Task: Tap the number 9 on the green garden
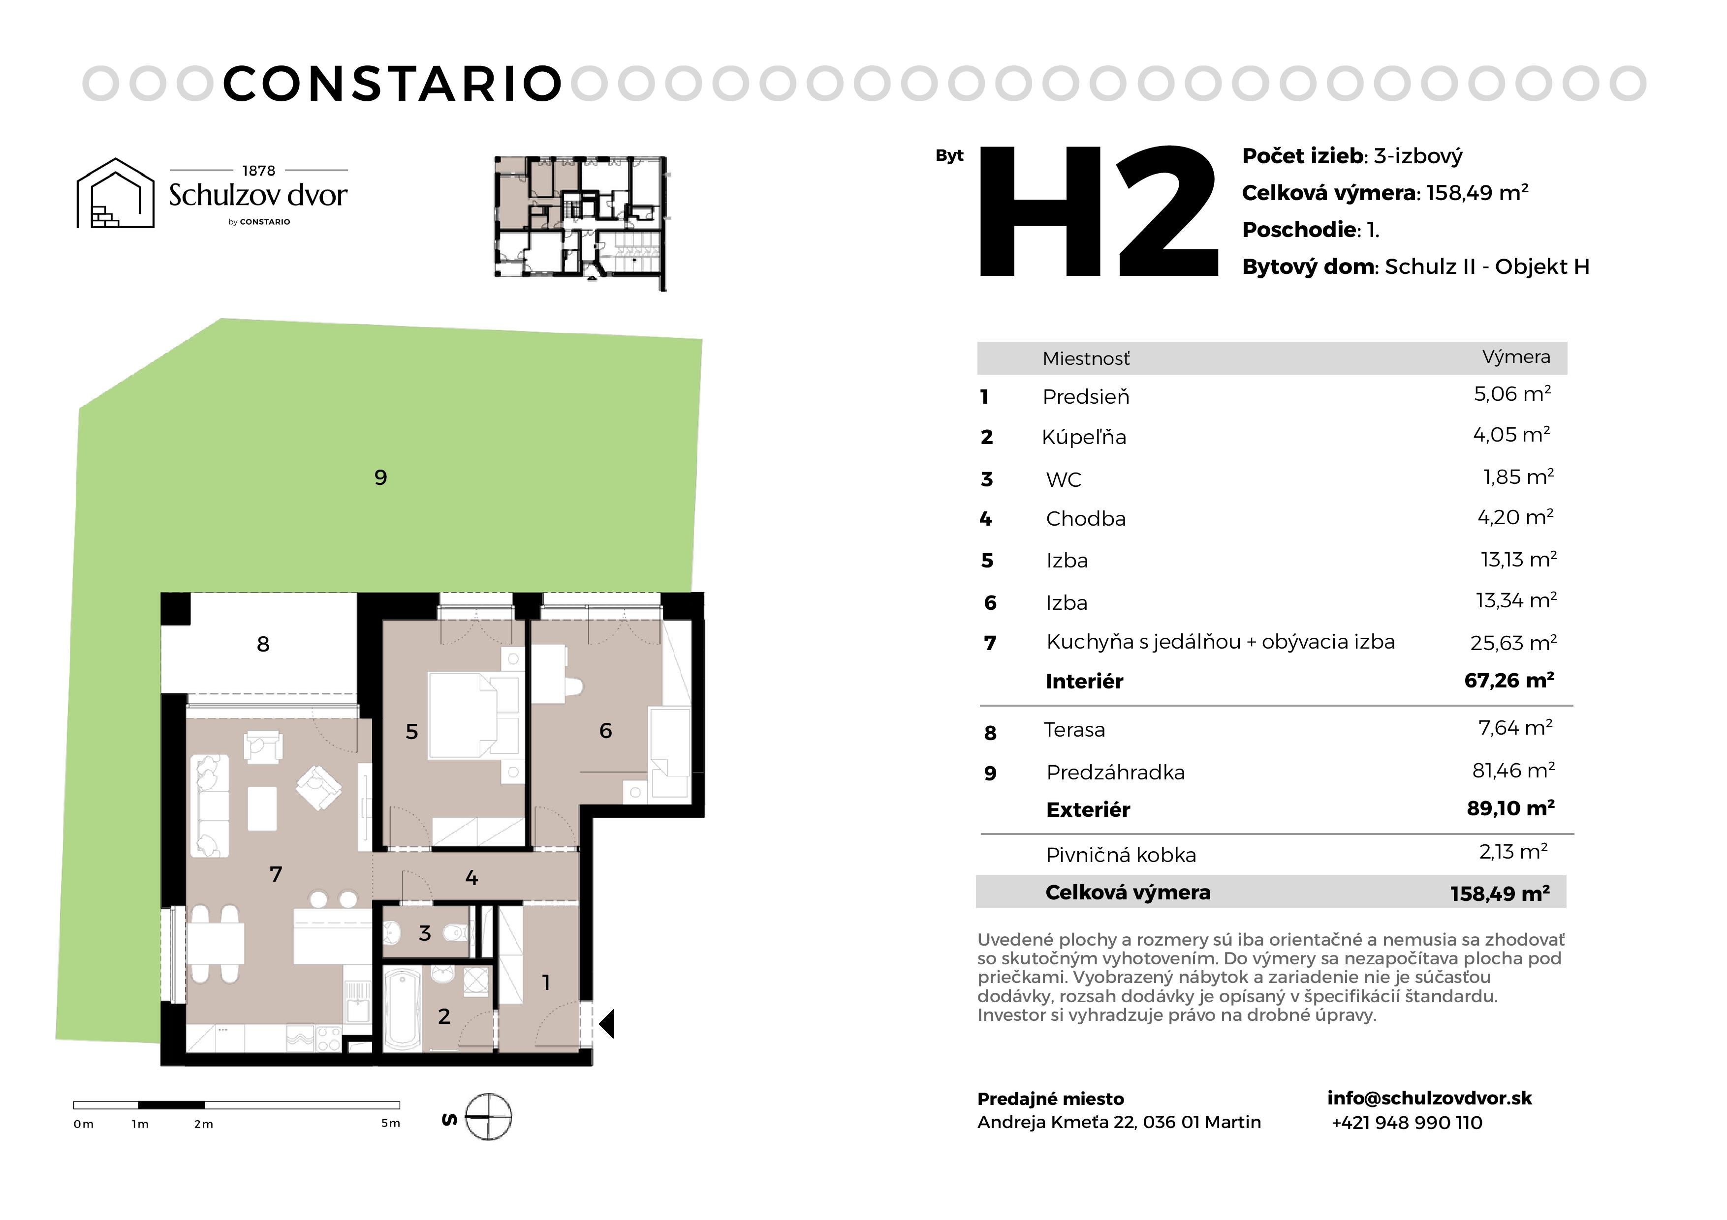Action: point(380,477)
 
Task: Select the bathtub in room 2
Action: point(403,1008)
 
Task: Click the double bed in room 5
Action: point(473,715)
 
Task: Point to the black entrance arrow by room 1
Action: point(606,1024)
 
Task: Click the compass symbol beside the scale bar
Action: point(488,1116)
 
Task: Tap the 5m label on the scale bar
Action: point(390,1123)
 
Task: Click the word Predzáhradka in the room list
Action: point(1115,772)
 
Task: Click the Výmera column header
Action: point(1516,357)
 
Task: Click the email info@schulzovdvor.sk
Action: point(1429,1098)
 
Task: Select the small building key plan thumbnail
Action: point(581,223)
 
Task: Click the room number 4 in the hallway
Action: point(471,877)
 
